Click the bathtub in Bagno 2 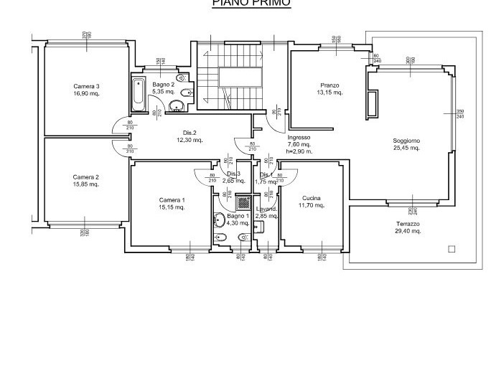click(137, 95)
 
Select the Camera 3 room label click(86, 86)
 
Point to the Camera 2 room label click(86, 177)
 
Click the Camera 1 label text click(172, 200)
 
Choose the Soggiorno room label click(406, 140)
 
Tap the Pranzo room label click(329, 85)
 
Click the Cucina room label click(312, 198)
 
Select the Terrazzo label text click(407, 224)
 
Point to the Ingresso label click(298, 137)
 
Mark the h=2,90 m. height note click(299, 151)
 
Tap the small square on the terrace click(451, 250)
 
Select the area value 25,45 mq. click(406, 147)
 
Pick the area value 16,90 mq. click(86, 93)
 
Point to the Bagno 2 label click(163, 85)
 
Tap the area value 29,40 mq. click(407, 231)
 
